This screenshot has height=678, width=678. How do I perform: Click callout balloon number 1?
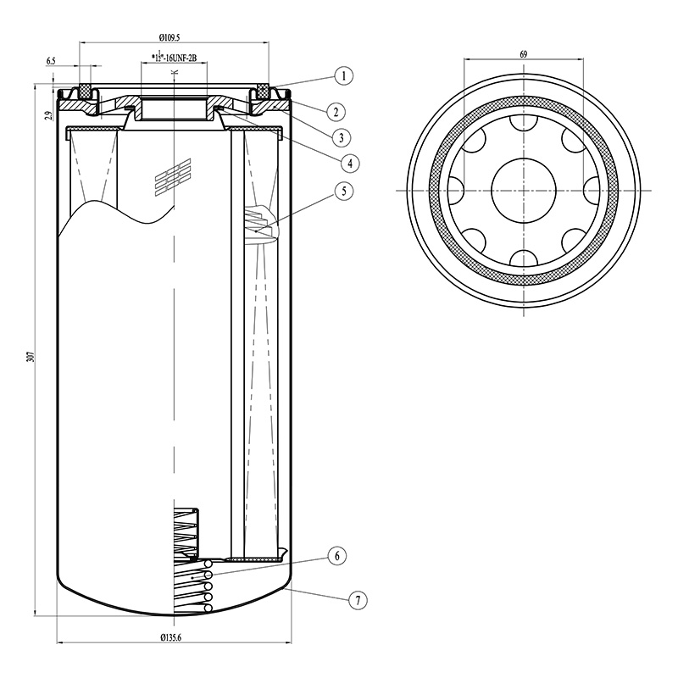tap(342, 76)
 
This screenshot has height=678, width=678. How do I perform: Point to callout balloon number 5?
tap(342, 191)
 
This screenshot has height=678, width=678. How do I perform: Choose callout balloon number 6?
tap(336, 556)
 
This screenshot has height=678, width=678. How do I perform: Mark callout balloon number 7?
tap(358, 600)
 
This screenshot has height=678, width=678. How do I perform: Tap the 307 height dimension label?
tap(31, 356)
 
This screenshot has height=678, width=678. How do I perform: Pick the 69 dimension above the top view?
tap(524, 54)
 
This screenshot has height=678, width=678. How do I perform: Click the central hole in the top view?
tap(524, 191)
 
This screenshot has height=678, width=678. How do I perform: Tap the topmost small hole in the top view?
tap(524, 124)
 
